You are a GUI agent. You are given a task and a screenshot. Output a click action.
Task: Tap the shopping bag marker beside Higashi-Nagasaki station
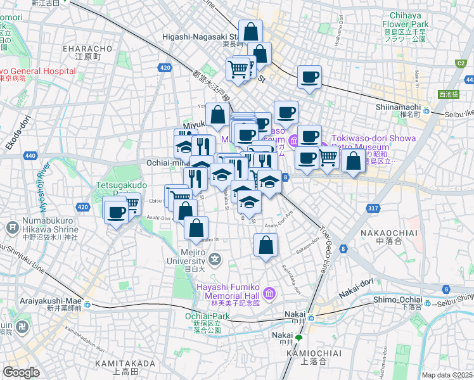coord(251,32)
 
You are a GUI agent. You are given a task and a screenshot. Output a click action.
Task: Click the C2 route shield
coord(461,63)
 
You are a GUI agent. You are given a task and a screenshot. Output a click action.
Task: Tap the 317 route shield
coord(372,208)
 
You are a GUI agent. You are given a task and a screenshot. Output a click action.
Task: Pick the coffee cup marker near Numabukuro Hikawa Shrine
coord(116,213)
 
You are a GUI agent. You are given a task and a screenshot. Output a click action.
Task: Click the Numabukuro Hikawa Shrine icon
coord(12,227)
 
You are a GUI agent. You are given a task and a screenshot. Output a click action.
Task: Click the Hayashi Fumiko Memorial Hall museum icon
coord(270,294)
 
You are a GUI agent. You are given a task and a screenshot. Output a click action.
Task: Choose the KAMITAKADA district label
coord(125,364)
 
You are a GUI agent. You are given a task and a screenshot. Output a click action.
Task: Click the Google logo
coord(22,372)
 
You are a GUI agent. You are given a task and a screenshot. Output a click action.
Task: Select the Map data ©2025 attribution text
coord(446,375)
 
